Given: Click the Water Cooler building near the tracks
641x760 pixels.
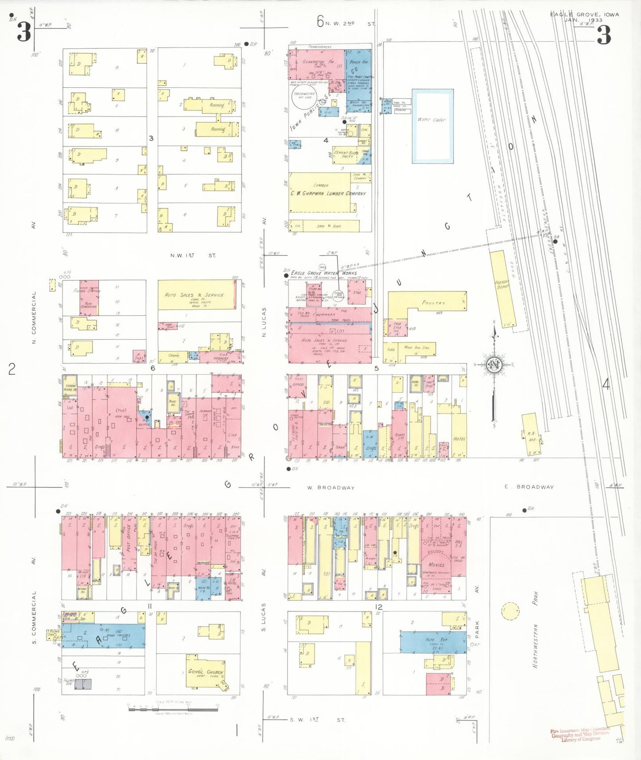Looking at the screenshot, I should tap(432, 126).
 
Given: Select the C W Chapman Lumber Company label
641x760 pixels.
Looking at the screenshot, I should tap(328, 193).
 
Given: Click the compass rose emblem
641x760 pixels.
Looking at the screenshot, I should tap(493, 364).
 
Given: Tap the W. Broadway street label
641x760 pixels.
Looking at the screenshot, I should tap(331, 487).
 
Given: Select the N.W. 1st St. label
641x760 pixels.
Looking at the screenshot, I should tap(193, 255).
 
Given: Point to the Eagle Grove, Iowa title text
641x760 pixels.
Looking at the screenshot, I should tap(584, 15).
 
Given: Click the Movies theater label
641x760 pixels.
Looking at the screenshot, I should tap(437, 565).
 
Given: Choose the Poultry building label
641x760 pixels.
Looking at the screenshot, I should tap(433, 302).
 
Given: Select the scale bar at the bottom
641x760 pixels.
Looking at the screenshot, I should tap(173, 709).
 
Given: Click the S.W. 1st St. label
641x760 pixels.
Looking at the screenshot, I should tap(317, 720).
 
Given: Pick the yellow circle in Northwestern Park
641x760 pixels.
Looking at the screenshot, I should tap(510, 611).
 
